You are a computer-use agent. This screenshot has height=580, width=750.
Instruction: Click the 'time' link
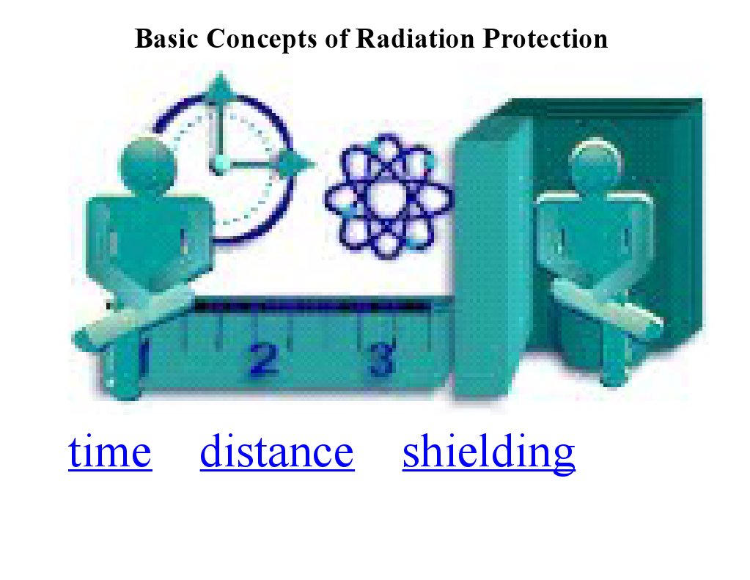click(x=110, y=453)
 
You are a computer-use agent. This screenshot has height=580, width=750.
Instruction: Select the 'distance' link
click(x=276, y=453)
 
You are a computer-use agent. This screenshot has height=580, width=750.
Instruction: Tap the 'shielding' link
click(x=488, y=453)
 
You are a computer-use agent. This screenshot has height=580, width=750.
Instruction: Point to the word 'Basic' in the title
click(x=167, y=38)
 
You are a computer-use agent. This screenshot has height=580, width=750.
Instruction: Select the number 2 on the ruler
click(x=264, y=359)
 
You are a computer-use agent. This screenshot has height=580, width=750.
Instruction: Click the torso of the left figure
click(x=147, y=235)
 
